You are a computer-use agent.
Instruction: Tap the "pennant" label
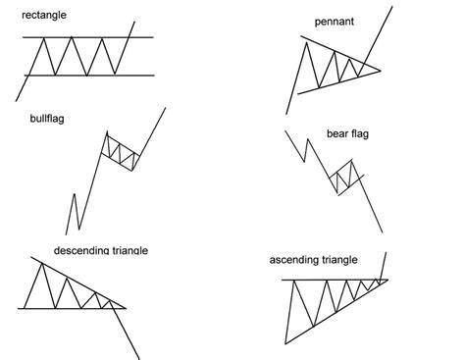click(x=334, y=20)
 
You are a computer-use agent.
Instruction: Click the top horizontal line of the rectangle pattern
click(x=78, y=37)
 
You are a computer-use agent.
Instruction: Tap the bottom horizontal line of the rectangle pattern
click(x=78, y=75)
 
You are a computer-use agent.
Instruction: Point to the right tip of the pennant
click(x=379, y=70)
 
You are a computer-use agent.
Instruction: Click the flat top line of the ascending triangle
click(x=324, y=281)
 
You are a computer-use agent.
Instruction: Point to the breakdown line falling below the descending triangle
click(x=131, y=334)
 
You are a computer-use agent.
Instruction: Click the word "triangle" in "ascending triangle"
click(x=336, y=260)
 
